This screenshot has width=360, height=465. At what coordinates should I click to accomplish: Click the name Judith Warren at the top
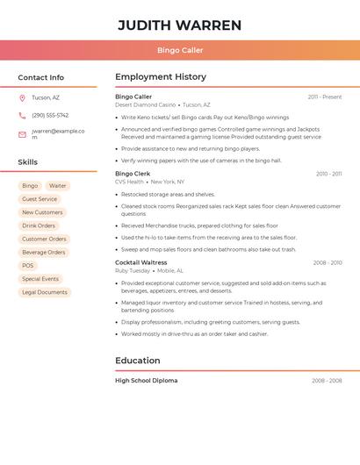tap(180, 25)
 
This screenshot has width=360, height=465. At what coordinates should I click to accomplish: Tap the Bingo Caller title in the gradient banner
tap(180, 51)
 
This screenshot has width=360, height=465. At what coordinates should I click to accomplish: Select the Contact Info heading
tap(40, 77)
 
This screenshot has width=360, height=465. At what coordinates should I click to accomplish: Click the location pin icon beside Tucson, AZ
tap(22, 97)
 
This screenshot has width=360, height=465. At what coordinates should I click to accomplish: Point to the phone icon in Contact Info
tap(22, 115)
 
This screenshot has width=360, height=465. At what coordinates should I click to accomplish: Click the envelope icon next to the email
tap(22, 134)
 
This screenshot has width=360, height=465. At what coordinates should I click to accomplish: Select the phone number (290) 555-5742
tap(50, 115)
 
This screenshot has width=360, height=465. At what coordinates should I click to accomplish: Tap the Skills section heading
tap(28, 162)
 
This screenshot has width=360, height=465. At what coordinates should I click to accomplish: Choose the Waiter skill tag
tap(57, 186)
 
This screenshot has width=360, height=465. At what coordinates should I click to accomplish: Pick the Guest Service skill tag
tap(40, 199)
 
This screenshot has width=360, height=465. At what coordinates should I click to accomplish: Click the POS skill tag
tap(28, 265)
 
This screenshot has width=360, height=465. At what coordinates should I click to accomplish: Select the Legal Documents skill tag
tap(45, 292)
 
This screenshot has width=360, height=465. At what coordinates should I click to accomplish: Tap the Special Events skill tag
tap(40, 279)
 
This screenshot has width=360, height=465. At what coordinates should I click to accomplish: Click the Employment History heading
tap(161, 77)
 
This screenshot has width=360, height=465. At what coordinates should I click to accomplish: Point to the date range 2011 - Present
tap(324, 97)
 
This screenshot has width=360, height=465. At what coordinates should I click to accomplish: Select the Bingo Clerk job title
tap(133, 174)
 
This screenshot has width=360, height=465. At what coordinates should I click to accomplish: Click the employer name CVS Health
tap(129, 182)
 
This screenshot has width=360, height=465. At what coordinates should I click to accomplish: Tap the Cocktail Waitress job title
tap(140, 262)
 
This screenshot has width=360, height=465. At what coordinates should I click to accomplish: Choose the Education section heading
tap(138, 361)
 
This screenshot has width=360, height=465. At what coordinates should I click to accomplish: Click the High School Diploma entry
tap(146, 381)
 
